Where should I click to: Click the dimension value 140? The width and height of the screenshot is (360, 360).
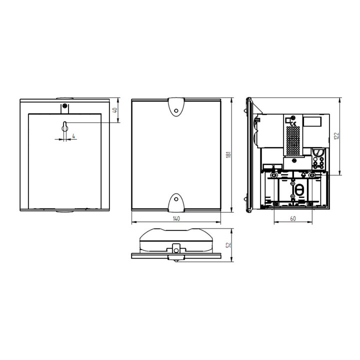coord(176,218)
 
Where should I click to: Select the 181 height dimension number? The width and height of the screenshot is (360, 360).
coord(228,154)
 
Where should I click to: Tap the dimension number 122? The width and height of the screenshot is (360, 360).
coord(336,136)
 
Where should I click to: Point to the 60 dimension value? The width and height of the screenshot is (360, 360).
coord(293,218)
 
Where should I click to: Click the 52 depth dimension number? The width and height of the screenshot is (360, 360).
coord(228,245)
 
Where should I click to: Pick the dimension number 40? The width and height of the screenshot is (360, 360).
coord(115,110)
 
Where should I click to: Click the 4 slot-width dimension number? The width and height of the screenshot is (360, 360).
coord(73,136)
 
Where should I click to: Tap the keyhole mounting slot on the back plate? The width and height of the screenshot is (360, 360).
coord(64,126)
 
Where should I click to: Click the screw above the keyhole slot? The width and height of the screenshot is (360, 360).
coord(65,106)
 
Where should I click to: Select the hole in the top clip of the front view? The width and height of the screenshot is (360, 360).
coord(176,110)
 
